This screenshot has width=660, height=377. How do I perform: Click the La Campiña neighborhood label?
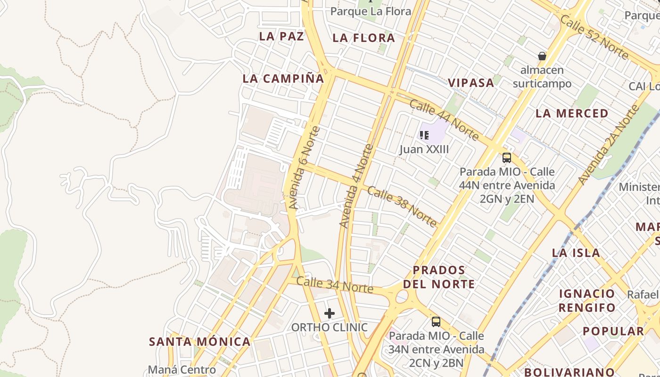click(283, 79)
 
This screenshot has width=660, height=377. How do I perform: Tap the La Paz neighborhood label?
click(281, 36)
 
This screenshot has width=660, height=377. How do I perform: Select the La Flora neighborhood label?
click(363, 38)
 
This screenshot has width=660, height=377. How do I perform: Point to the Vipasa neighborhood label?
click(471, 83)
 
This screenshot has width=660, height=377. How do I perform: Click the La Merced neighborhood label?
click(572, 114)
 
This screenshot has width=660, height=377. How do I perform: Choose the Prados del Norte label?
click(439, 277)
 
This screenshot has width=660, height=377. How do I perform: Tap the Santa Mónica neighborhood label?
click(200, 342)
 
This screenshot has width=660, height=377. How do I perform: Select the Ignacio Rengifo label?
click(587, 301)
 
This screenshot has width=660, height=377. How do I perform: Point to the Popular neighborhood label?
click(613, 331)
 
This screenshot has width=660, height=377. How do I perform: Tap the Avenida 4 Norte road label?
click(356, 187)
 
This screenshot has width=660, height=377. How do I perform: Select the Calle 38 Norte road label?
click(402, 206)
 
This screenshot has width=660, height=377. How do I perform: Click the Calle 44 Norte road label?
click(444, 120)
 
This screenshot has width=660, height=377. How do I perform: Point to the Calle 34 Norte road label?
click(335, 285)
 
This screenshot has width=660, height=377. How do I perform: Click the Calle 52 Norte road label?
click(594, 37)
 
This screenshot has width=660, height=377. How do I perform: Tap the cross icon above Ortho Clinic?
click(330, 313)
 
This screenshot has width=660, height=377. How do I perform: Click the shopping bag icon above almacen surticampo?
click(542, 56)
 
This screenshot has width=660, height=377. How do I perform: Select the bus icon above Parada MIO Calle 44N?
click(507, 158)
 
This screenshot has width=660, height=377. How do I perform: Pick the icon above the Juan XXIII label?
click(424, 136)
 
